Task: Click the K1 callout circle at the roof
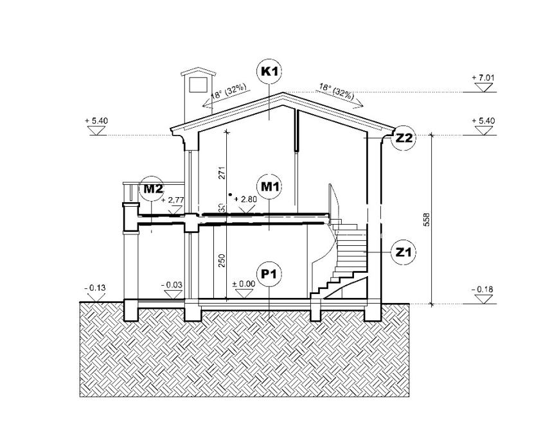(x=269, y=71)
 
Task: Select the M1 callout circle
(x=269, y=186)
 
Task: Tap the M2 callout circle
(x=153, y=188)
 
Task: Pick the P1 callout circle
(x=269, y=274)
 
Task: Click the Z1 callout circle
(x=404, y=252)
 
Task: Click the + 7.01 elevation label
(x=483, y=78)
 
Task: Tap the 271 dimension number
(x=222, y=173)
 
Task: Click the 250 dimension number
(x=222, y=260)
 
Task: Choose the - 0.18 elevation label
(x=482, y=290)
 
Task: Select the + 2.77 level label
(x=173, y=200)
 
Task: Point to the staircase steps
(x=347, y=257)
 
